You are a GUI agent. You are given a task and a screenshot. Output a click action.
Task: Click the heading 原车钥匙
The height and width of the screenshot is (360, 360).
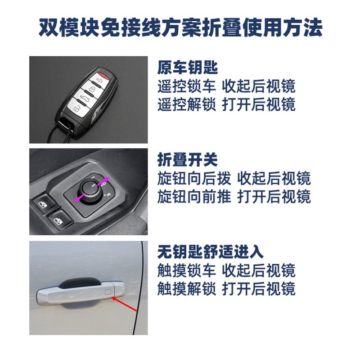click(x=188, y=68)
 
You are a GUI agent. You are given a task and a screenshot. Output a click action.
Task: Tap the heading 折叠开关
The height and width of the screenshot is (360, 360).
click(x=188, y=160)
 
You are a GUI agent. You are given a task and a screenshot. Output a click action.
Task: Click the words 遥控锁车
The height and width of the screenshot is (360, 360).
click(x=187, y=86)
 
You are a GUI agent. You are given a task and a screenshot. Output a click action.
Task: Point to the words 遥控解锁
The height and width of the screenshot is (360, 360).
click(x=187, y=104)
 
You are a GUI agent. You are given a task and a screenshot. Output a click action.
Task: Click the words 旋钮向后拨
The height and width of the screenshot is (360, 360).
click(x=194, y=178)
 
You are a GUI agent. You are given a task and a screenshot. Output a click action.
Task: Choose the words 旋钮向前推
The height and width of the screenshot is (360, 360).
click(x=194, y=196)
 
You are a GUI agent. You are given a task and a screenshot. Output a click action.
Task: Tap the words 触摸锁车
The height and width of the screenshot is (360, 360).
click(x=187, y=270)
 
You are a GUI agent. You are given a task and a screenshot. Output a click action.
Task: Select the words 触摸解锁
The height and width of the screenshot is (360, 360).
click(x=187, y=288)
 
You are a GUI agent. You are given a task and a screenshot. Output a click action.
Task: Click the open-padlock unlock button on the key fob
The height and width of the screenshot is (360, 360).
click(x=76, y=110)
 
